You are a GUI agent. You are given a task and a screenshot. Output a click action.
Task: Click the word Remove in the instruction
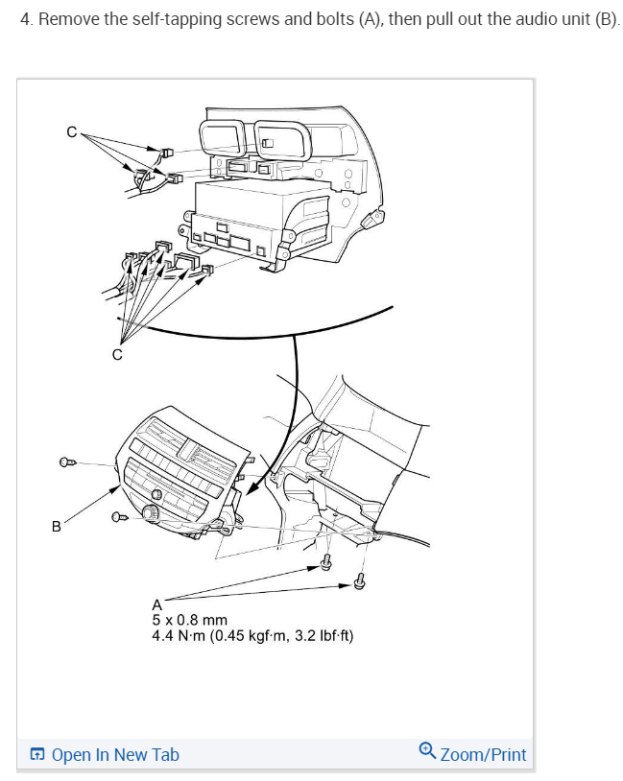[x=65, y=20]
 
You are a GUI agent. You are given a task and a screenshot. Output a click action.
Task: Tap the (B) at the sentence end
[x=606, y=20]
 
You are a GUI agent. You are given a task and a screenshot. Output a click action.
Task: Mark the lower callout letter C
[x=117, y=354]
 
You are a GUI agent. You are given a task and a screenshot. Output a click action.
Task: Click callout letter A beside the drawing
[x=157, y=603]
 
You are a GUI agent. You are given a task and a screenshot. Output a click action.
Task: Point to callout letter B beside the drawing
[x=56, y=526]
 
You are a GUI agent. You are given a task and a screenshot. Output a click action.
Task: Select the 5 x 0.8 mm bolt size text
[x=189, y=620]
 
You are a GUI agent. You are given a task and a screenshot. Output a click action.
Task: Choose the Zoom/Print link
[x=483, y=755]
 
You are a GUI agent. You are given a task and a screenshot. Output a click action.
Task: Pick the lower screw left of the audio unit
[x=120, y=518]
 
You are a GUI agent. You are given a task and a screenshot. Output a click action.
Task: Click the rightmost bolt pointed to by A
[x=361, y=580]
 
